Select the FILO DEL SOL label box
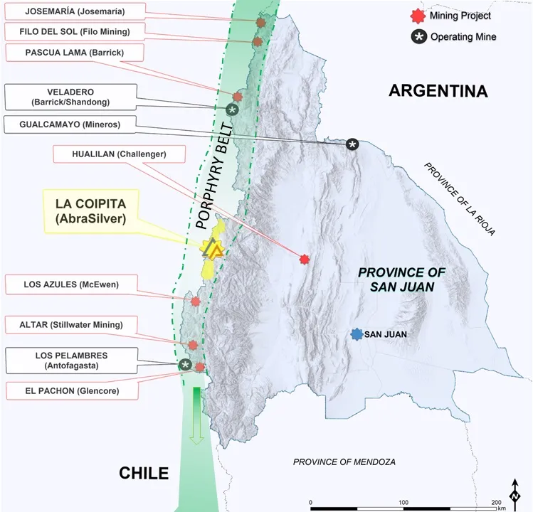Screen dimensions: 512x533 point(77,31)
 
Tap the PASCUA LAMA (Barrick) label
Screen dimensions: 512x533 point(74,53)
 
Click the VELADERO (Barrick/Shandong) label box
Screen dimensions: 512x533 point(70,97)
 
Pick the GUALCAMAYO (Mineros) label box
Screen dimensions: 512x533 point(70,125)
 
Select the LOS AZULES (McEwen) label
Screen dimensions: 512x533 point(71,286)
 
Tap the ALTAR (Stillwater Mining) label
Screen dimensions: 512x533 point(71,326)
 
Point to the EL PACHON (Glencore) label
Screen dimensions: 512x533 point(72,391)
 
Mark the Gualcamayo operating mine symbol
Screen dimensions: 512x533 point(352,144)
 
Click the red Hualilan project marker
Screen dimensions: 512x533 point(305,260)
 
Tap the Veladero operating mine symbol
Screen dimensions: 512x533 point(232,110)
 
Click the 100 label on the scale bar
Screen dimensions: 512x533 point(403,503)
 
